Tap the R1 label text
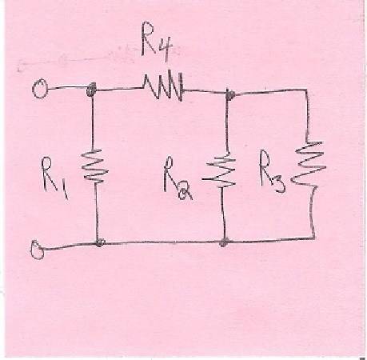55,178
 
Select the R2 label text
178,178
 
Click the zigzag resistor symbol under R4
163,86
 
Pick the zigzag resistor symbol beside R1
94,166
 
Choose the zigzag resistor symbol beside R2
219,170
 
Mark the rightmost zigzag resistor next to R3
309,164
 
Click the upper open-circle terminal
40,89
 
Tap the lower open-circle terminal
38,250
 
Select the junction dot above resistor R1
91,90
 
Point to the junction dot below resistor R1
99,242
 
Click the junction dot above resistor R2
229,94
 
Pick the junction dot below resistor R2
224,243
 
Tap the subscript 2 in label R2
185,193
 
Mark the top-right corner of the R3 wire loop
306,90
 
